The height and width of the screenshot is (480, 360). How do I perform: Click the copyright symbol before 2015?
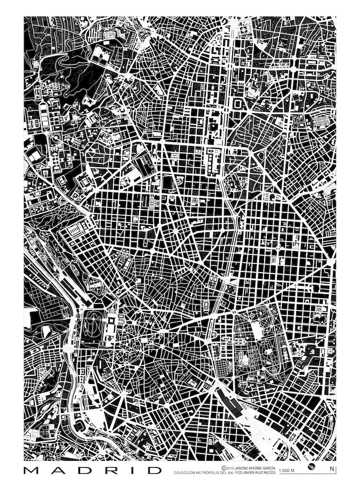(224, 467)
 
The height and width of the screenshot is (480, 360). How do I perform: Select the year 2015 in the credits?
(231, 467)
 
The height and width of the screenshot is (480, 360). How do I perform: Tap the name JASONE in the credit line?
(246, 467)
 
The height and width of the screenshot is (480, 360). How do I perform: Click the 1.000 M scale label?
(287, 470)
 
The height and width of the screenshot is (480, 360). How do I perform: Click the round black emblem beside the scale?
(313, 468)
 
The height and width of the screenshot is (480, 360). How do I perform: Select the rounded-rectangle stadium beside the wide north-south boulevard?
(238, 103)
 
